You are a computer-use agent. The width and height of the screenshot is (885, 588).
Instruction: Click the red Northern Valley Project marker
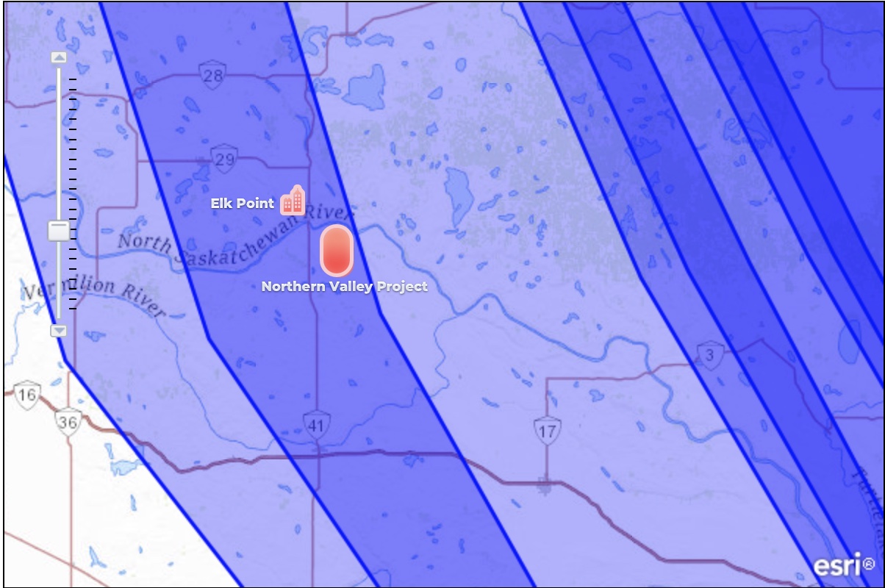[337, 251]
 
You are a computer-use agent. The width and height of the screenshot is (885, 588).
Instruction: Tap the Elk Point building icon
[293, 200]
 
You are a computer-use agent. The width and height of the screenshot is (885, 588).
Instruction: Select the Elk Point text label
[243, 204]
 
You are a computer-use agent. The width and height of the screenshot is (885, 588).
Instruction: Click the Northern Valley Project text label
[344, 287]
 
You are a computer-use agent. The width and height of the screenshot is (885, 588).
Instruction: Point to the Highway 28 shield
[212, 76]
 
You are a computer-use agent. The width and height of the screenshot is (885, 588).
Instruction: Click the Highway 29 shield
[223, 159]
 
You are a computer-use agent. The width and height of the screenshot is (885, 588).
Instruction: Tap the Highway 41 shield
[316, 426]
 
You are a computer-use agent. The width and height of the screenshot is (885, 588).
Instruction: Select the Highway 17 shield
[547, 431]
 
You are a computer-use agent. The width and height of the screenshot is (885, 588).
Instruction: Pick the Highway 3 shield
[709, 356]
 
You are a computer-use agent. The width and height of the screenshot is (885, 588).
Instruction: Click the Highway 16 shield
[27, 395]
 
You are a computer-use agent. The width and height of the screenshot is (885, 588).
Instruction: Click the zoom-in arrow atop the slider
[59, 57]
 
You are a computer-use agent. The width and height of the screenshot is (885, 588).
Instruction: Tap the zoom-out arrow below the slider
[59, 331]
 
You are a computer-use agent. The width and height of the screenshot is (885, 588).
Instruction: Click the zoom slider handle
[59, 231]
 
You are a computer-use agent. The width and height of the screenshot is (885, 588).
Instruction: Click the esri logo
[842, 564]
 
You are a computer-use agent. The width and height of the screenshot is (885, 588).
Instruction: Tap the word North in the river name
[145, 242]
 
